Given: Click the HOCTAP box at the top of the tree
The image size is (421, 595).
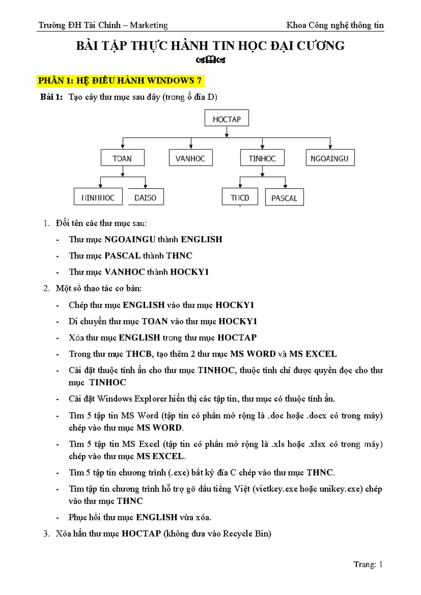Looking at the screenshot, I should click(227, 118).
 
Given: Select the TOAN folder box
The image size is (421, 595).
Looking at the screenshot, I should click(122, 158).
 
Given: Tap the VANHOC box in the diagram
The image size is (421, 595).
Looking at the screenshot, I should click(191, 158).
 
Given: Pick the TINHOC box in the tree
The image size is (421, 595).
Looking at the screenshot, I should click(262, 158).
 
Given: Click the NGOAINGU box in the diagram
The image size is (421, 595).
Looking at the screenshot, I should click(330, 158).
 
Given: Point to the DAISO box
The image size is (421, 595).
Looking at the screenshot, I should click(146, 197).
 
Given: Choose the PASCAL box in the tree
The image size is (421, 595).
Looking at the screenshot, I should click(284, 198).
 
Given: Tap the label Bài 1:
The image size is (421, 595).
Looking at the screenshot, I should click(51, 97).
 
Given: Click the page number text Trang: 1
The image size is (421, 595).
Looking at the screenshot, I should click(368, 564).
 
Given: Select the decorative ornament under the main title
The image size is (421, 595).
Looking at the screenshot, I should click(210, 60).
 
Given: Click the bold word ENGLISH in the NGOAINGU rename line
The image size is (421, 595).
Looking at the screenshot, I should click(201, 239).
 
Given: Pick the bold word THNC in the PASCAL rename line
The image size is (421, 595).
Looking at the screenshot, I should click(179, 255).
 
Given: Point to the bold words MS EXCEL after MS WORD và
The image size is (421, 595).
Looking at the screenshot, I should click(313, 354).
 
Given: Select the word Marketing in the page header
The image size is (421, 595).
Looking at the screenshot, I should click(149, 25).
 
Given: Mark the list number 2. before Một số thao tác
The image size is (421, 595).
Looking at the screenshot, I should click(47, 288).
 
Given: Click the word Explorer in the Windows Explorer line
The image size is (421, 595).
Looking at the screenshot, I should click(150, 399).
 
